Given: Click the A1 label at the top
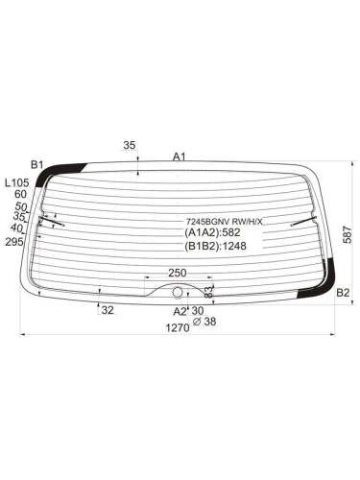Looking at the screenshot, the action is coord(180,156).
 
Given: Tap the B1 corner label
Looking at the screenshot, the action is coord(36,165).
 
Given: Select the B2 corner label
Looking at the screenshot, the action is coord(343,293).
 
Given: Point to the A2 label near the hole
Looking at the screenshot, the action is coord(180,311).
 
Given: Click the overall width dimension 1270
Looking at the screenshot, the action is coord(178,328).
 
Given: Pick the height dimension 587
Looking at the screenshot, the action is coord(348,235).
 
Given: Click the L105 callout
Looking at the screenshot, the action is coord(17,182).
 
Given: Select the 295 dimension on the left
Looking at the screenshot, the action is coord(14,242).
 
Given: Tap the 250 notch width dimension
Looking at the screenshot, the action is coord(177,273).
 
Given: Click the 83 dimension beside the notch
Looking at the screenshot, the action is coord(208,292).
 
